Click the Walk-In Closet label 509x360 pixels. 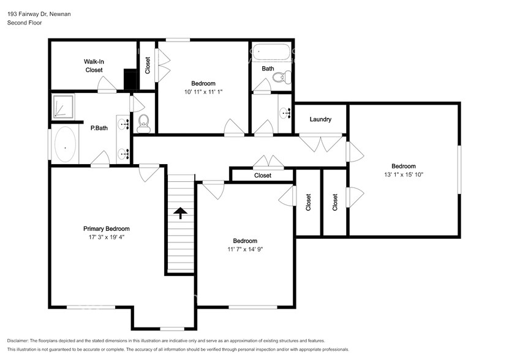coord(94,66)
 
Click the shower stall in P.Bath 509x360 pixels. coord(62,106)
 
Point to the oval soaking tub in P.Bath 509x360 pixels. coord(64,146)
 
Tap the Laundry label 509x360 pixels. coord(320,119)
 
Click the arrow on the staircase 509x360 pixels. coord(181,212)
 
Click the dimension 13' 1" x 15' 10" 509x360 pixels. coord(404,174)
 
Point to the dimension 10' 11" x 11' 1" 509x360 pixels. coord(203,92)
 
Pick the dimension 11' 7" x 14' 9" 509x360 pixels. coord(244,249)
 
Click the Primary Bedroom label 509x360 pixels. coord(107,228)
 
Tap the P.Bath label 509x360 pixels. coord(99,128)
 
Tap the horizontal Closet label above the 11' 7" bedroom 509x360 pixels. coord(262,176)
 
